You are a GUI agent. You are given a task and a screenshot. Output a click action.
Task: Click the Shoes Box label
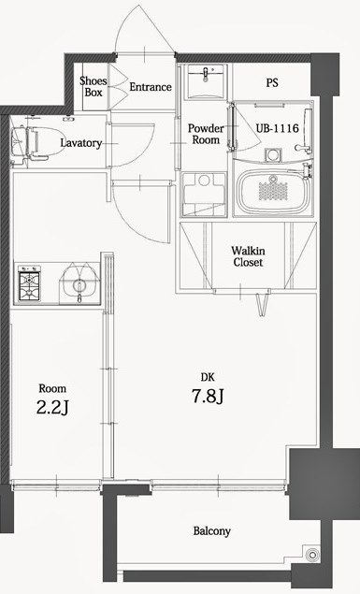[x=92, y=86]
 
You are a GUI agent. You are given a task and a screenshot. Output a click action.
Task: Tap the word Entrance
[x=150, y=87]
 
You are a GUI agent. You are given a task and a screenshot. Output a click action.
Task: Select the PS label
[x=272, y=82]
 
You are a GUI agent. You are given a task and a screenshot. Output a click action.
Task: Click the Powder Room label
[x=205, y=134]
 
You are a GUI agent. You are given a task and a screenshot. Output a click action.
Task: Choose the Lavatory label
[x=80, y=142]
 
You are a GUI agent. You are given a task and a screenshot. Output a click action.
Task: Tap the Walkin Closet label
[x=248, y=256]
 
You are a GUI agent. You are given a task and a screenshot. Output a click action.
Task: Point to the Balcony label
[x=212, y=530]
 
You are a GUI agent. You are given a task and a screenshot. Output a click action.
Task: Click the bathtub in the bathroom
[x=272, y=192]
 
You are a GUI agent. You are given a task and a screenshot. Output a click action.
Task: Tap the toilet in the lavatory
[x=24, y=143]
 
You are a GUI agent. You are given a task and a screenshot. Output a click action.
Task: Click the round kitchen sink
[x=79, y=284]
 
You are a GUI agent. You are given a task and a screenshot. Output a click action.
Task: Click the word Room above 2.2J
[x=51, y=387]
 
